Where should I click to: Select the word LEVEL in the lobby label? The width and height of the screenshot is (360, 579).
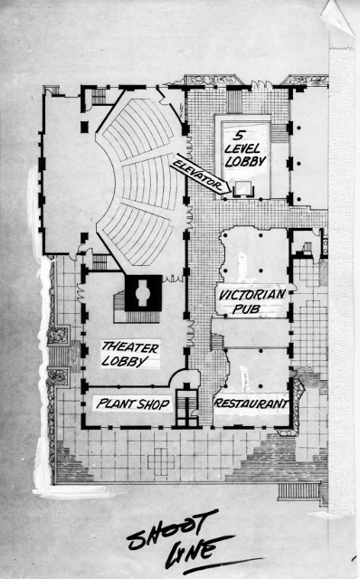(242, 148)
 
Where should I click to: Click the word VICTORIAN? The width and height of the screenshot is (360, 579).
(251, 295)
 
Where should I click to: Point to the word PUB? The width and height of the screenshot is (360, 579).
(247, 308)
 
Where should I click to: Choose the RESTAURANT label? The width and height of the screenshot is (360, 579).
(251, 403)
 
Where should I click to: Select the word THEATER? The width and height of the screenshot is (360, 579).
(130, 347)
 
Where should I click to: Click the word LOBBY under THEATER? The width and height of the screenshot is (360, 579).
(125, 361)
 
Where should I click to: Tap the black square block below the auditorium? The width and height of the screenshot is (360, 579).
(143, 293)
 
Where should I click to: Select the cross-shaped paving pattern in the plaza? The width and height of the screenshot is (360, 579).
(161, 461)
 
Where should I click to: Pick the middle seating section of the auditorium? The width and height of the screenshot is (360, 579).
(151, 182)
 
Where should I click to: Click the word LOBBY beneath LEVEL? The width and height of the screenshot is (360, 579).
(245, 161)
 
